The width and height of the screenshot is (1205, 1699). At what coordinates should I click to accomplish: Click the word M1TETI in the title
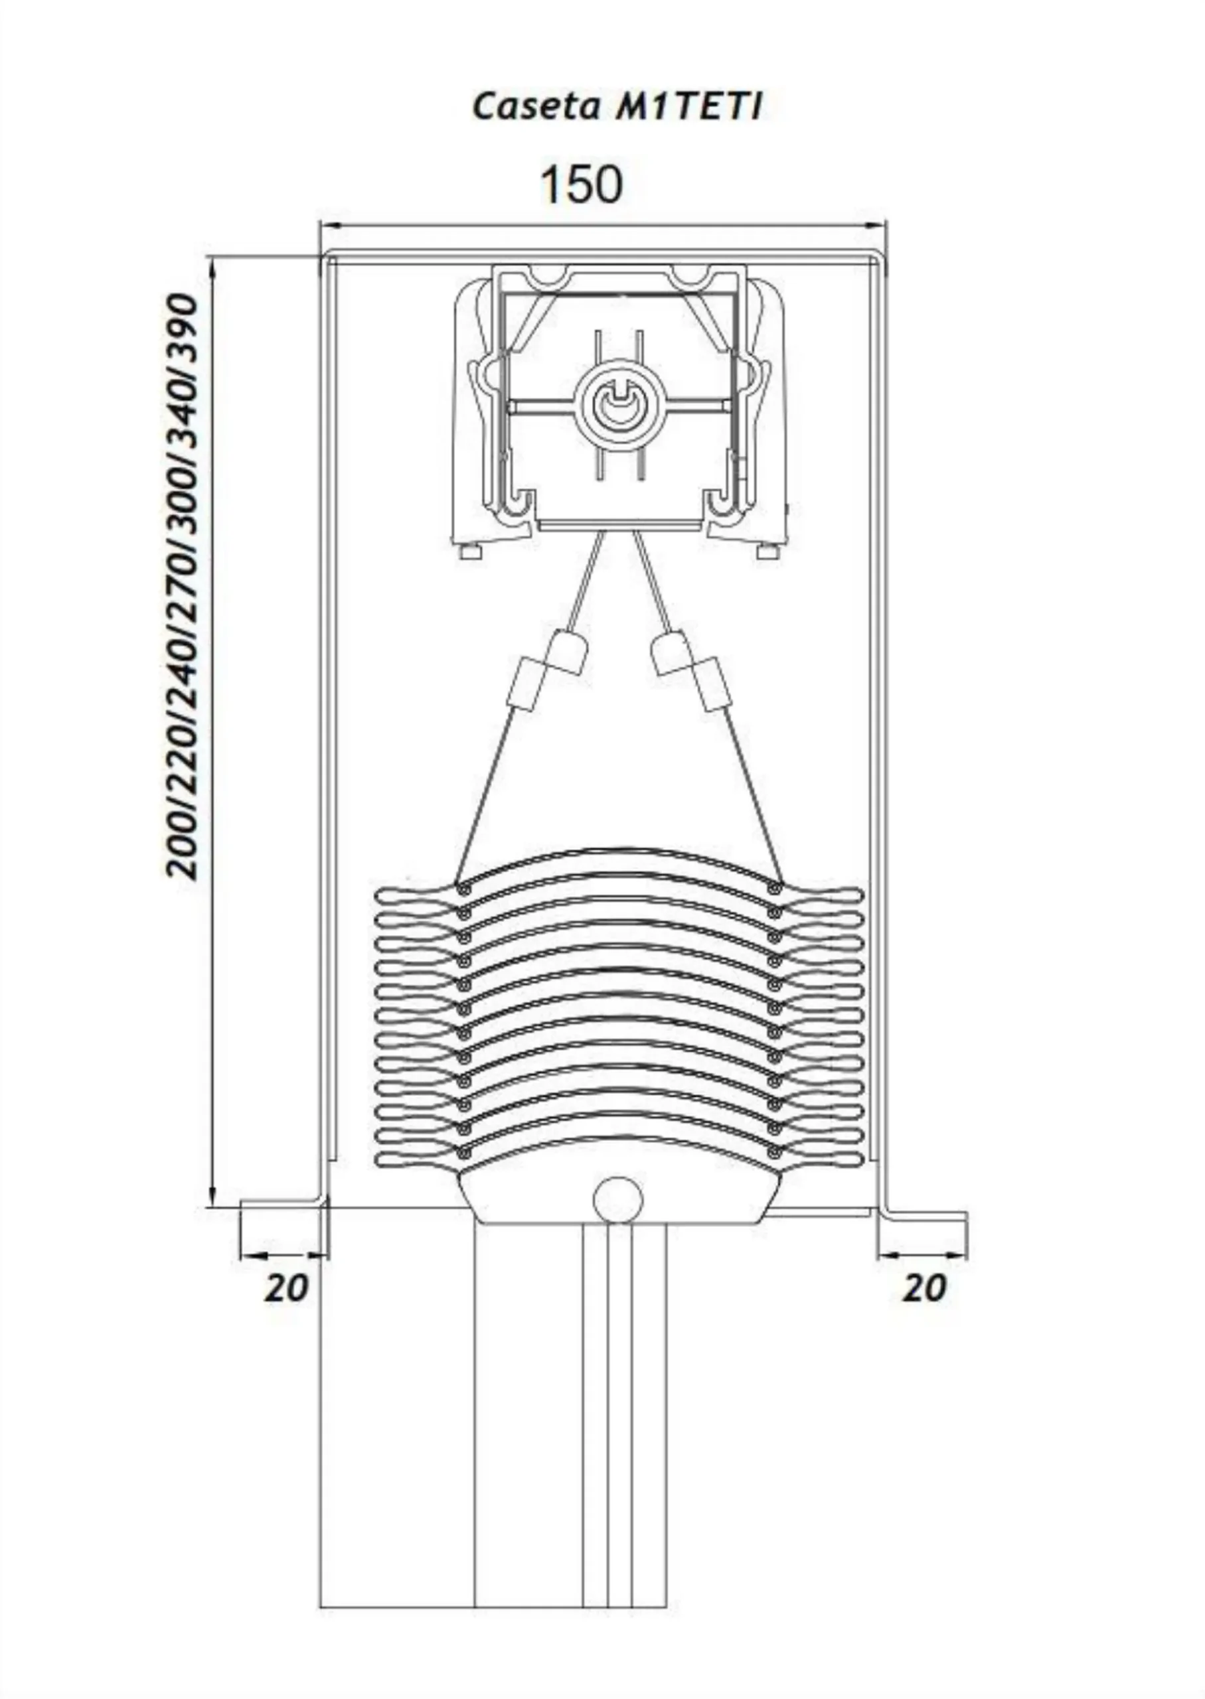(687, 108)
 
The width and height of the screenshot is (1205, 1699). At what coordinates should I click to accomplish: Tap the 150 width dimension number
(582, 185)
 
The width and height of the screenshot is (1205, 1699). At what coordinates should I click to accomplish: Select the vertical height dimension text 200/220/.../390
(183, 587)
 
